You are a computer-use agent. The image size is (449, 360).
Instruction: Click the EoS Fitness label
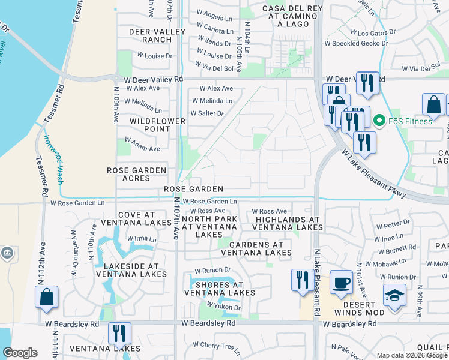pos(409,121)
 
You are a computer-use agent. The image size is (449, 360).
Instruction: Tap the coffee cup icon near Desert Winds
pos(342,283)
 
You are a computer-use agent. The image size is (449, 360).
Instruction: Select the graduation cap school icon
pos(394,297)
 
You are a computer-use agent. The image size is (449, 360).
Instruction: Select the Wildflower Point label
pos(151,125)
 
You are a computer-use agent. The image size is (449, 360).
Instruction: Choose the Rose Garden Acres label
pos(136,175)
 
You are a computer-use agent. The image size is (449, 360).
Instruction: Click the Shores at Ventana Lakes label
pos(219,289)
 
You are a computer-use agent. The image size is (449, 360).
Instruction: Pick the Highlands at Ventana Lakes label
pos(289,223)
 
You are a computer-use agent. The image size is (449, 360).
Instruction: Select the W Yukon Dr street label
pos(224,307)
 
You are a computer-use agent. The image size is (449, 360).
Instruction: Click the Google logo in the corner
pos(20,353)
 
